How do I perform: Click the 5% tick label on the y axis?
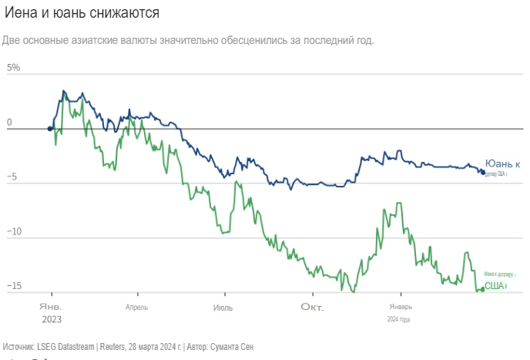13,68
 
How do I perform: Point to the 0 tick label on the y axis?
9,123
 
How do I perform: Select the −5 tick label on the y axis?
14,177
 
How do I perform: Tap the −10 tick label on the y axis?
15,232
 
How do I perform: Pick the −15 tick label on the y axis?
15,287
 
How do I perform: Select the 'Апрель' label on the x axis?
136,307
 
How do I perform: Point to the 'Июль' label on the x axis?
223,307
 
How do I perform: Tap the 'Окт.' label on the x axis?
312,307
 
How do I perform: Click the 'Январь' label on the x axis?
399,307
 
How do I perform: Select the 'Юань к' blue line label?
502,163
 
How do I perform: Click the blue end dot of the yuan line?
483,172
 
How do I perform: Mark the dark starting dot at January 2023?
50,130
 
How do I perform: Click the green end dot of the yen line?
481,290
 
